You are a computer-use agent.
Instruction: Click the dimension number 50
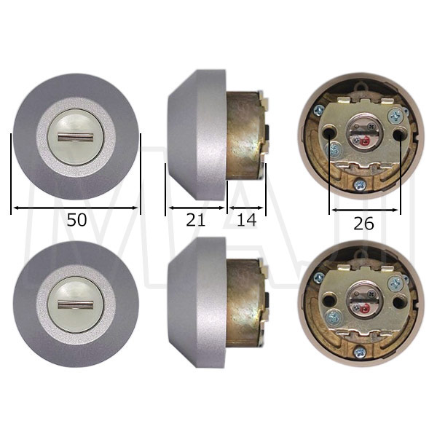point(77,220)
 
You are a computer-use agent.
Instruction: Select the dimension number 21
point(196,220)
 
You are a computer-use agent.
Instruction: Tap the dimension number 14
point(246,220)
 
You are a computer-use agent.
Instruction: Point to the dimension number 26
point(363,224)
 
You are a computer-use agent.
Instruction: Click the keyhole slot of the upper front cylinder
point(75,137)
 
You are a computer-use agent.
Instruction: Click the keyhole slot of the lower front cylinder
point(75,304)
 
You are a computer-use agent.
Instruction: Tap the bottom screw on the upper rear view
point(360,185)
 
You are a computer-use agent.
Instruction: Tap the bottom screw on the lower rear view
point(360,353)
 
